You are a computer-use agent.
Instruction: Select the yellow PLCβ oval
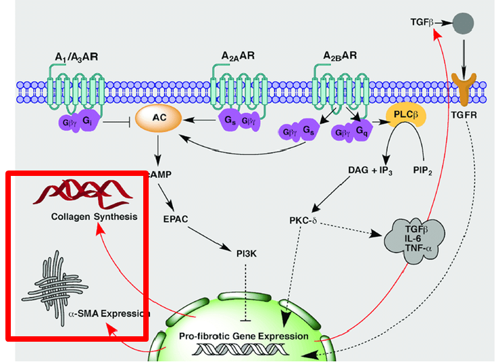(406, 116)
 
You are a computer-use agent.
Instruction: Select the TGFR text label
(464, 116)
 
